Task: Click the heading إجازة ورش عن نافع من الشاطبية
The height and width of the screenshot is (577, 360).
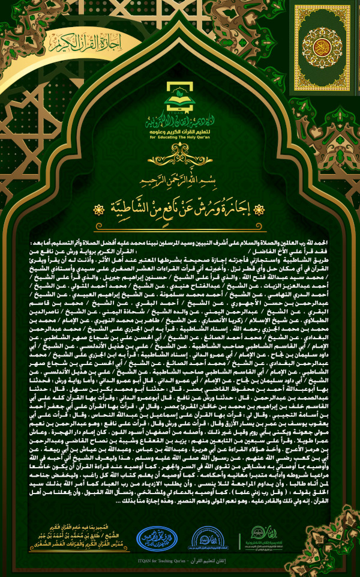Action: (179, 210)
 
